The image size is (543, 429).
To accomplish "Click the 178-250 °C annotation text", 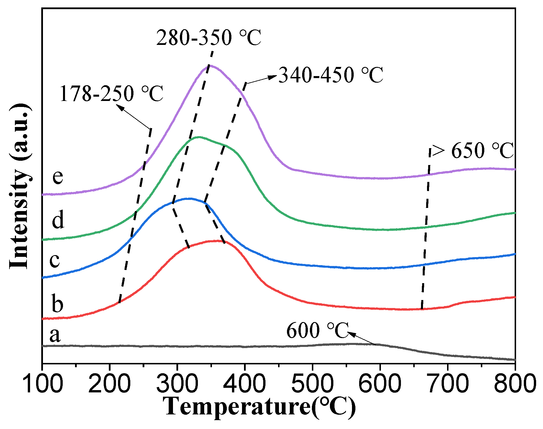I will coord(111,94).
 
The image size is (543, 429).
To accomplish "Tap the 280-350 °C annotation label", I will coord(208,38).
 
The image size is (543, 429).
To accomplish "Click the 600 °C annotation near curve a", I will coord(317,331).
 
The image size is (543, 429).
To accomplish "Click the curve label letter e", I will coord(58,176).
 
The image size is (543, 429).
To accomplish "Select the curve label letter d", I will coord(58,221).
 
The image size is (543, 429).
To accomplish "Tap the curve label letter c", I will coord(54,260).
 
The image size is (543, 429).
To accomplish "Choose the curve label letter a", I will coord(55,335).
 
